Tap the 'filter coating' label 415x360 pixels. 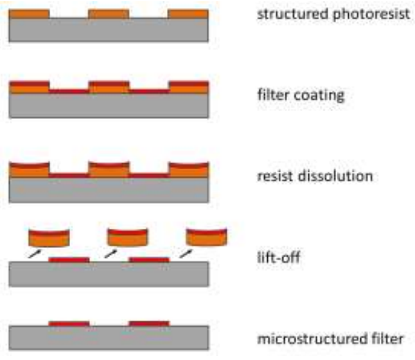click(297, 96)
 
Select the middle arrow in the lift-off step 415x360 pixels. click(111, 255)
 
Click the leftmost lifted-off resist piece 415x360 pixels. click(49, 239)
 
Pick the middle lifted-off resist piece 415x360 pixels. click(128, 239)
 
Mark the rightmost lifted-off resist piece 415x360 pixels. click(206, 239)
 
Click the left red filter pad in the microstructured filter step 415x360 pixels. click(69, 323)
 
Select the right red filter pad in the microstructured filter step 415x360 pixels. click(149, 323)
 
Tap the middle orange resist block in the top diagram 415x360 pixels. click(109, 14)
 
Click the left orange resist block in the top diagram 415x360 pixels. click(30, 14)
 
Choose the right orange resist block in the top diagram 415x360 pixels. click(188, 14)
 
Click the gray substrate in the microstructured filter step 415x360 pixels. click(109, 336)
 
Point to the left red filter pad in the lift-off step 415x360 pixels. click(69, 260)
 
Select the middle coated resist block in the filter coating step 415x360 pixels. click(109, 87)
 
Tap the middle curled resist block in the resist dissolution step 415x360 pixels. click(109, 169)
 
